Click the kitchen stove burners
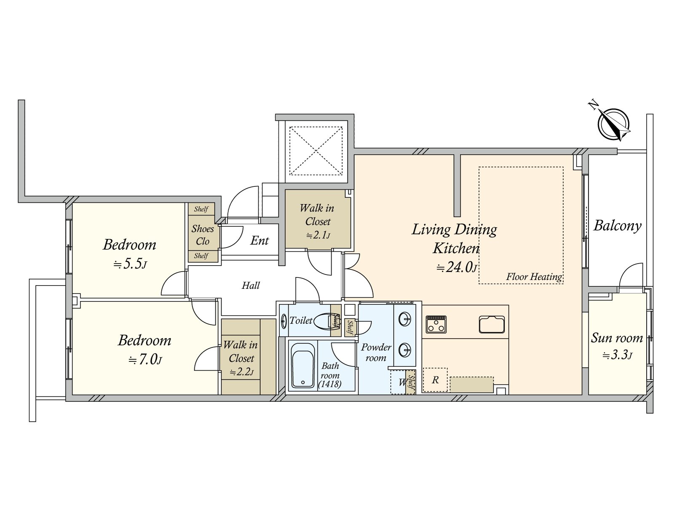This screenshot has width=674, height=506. tap(436, 324)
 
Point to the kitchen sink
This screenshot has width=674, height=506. tap(492, 324)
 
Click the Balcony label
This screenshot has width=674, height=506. tap(617, 226)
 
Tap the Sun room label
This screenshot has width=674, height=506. tap(617, 338)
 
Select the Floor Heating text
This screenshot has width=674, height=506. tap(534, 277)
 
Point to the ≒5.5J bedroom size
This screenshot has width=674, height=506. tap(130, 264)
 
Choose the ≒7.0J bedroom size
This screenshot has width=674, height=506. tap(145, 359)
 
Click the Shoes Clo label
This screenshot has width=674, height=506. tap(203, 235)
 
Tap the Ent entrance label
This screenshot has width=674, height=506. tap(259, 240)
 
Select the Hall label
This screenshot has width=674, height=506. tap(251, 286)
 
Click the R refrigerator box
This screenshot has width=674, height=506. tap(435, 380)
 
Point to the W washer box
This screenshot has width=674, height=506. tap(398, 382)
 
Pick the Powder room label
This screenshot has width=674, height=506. tap(376, 353)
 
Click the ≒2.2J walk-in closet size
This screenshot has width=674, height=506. tap(242, 372)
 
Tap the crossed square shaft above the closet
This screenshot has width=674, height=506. tap(316, 151)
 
